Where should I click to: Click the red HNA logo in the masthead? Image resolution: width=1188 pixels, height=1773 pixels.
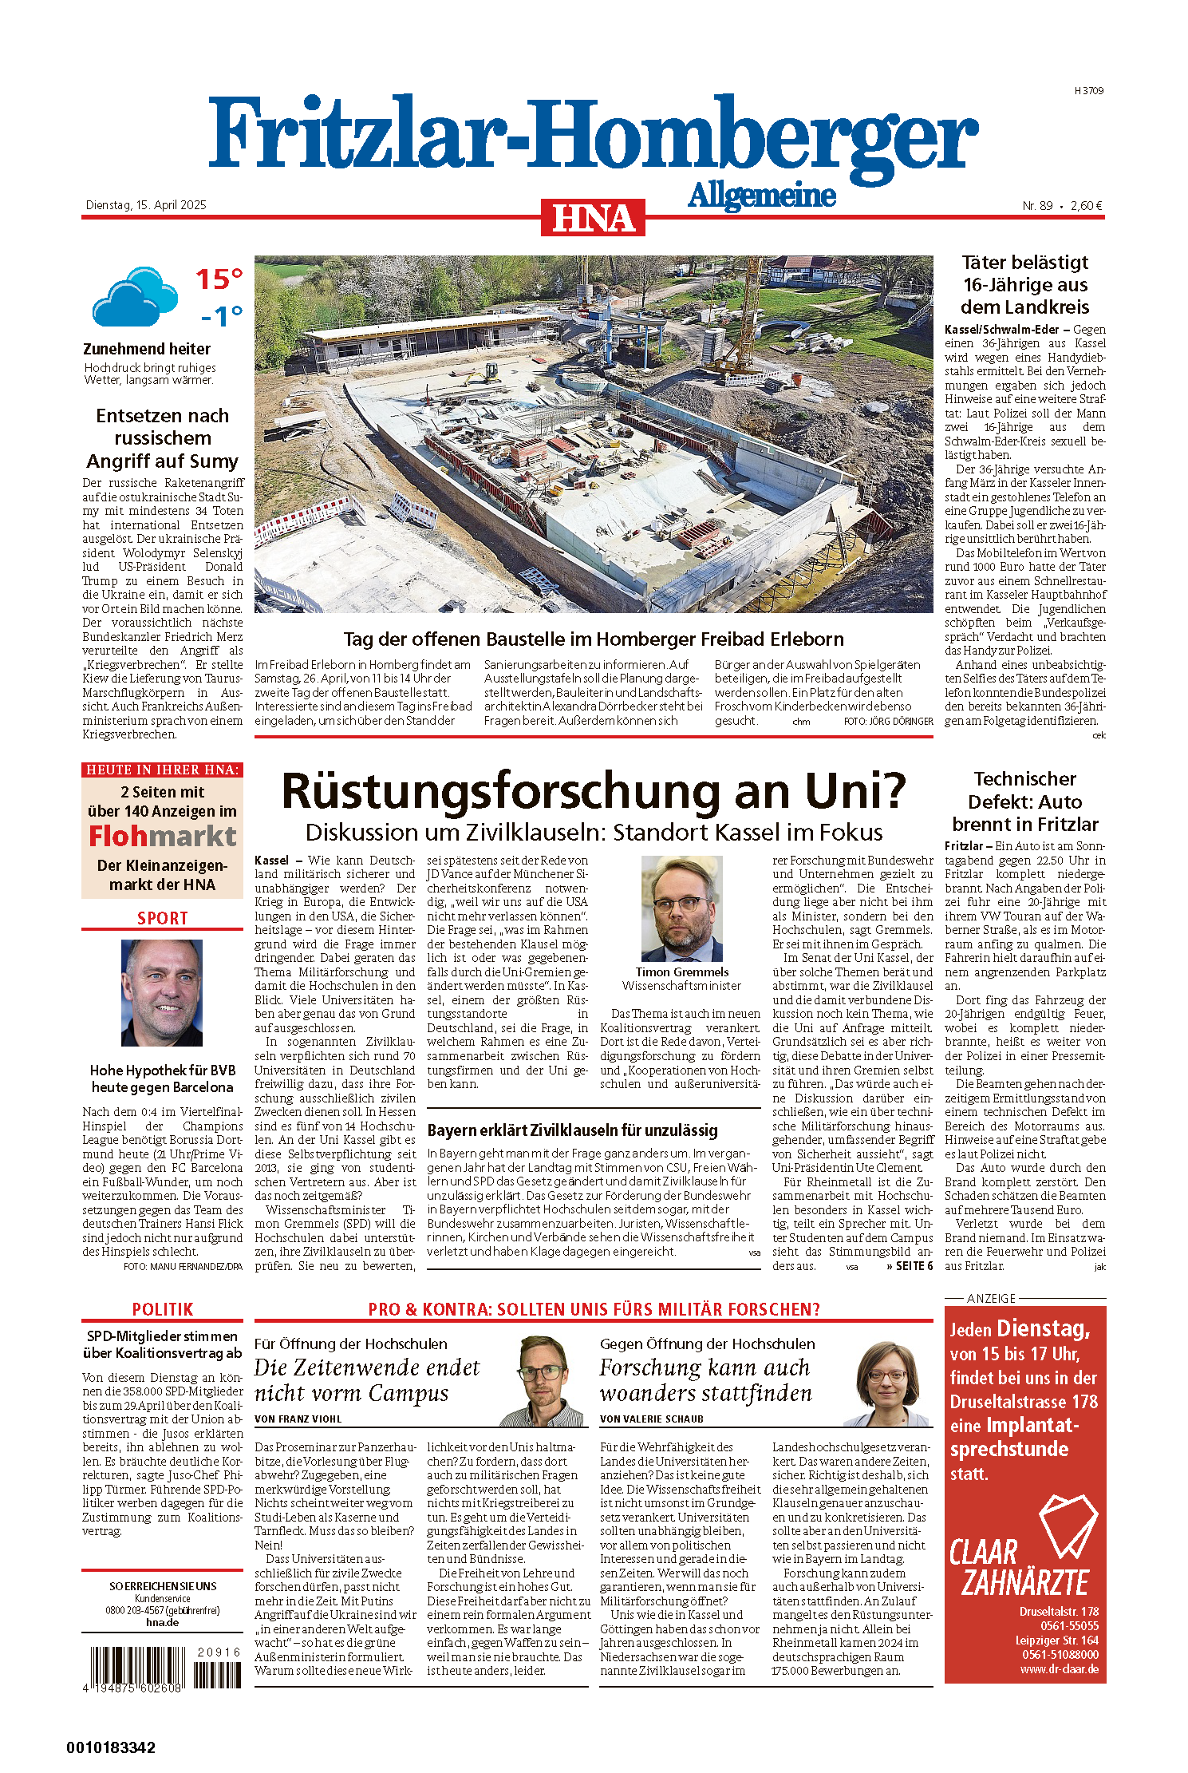pyautogui.click(x=593, y=218)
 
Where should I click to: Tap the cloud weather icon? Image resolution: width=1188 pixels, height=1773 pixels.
pyautogui.click(x=134, y=297)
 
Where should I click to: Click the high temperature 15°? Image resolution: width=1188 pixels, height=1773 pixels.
pyautogui.click(x=219, y=279)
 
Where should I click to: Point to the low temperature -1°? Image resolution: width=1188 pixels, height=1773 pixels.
pyautogui.click(x=222, y=317)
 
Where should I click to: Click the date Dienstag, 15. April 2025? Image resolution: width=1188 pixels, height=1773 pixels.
pyautogui.click(x=146, y=205)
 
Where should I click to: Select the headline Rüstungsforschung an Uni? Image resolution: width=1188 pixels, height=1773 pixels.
pyautogui.click(x=594, y=790)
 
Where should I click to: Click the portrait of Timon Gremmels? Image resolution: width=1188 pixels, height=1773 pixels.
pyautogui.click(x=682, y=908)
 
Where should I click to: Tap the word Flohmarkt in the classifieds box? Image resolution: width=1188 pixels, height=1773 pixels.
pyautogui.click(x=163, y=836)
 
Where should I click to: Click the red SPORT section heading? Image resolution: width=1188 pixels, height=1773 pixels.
pyautogui.click(x=163, y=918)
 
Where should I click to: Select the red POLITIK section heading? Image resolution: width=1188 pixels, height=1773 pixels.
pyautogui.click(x=163, y=1309)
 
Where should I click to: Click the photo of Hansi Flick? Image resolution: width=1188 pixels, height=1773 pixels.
pyautogui.click(x=162, y=992)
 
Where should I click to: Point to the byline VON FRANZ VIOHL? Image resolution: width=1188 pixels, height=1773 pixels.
pyautogui.click(x=298, y=1419)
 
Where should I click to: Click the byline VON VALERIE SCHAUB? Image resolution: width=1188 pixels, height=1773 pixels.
pyautogui.click(x=651, y=1419)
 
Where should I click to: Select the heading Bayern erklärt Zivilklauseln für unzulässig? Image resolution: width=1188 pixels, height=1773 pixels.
pyautogui.click(x=572, y=1130)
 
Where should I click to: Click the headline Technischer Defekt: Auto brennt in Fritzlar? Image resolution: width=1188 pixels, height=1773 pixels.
pyautogui.click(x=1025, y=801)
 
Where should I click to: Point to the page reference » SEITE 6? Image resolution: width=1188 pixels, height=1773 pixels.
pyautogui.click(x=910, y=1266)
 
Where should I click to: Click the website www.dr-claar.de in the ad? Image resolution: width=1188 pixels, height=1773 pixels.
pyautogui.click(x=1059, y=1669)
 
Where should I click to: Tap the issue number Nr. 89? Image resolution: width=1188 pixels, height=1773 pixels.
pyautogui.click(x=1037, y=206)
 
